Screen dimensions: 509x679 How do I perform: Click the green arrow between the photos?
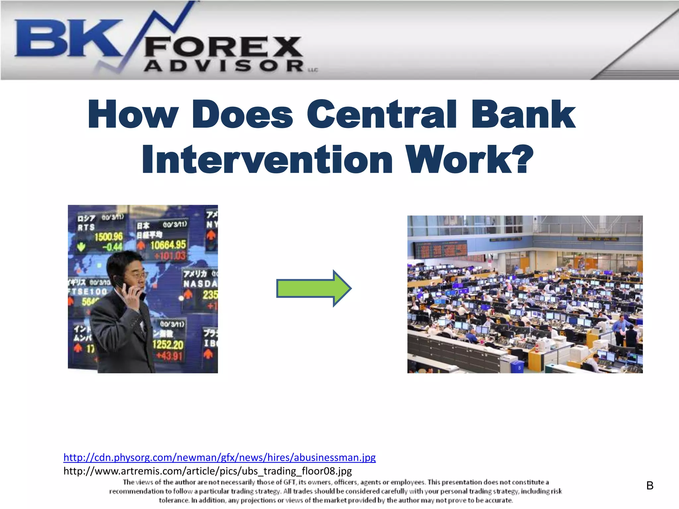coord(313,288)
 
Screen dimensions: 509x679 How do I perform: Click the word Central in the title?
coord(382,114)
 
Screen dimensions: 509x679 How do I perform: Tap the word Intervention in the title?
coord(267,160)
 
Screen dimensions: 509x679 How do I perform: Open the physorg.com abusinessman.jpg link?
coord(219,457)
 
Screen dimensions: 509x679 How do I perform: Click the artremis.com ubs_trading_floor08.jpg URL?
coord(208,471)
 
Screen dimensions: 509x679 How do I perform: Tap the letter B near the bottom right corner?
coord(650,486)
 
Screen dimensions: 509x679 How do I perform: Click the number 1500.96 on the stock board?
coord(108,237)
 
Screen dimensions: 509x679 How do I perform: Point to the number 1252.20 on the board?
coord(168,345)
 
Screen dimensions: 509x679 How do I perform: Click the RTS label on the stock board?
coord(86,227)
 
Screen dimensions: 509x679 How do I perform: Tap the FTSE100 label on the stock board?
coord(88,291)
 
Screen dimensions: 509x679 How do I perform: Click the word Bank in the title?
coord(524,114)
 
